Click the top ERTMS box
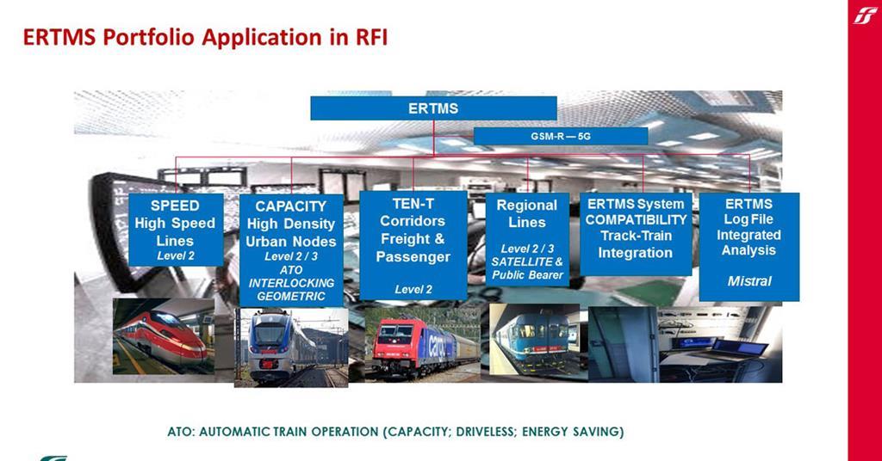click(433, 108)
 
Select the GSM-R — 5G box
click(561, 136)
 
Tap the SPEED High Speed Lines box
click(176, 230)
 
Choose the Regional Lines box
click(527, 240)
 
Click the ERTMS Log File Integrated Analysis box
click(748, 246)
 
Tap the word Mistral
click(749, 281)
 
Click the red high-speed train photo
click(164, 336)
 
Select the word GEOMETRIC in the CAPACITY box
click(291, 296)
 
